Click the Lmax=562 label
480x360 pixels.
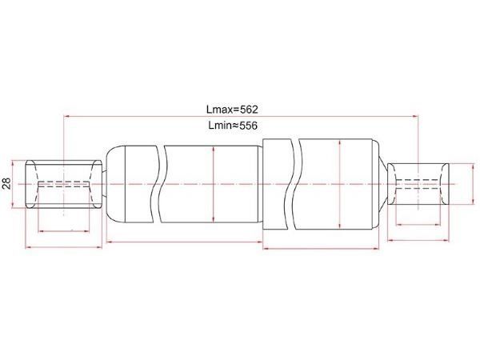232,110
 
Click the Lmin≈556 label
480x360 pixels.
233,126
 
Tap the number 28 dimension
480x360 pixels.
6,184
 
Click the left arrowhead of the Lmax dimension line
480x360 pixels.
66,116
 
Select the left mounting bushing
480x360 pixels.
63,184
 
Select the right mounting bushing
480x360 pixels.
418,184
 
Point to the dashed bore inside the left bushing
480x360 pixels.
64,184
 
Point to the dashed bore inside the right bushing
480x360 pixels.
418,184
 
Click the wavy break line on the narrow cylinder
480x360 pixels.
160,184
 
